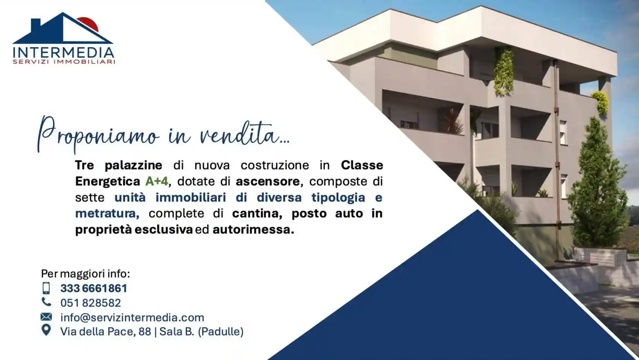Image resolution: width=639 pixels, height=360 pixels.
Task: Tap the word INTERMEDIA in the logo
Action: coord(64,53)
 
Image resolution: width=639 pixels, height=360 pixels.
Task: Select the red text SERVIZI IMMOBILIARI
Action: coord(64,62)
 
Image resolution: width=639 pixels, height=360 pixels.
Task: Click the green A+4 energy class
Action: coord(157,181)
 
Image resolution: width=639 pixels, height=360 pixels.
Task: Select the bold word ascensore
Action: coord(268,181)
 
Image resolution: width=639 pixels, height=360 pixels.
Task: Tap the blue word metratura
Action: coord(107,213)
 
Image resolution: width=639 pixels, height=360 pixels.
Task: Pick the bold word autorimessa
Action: coord(253,230)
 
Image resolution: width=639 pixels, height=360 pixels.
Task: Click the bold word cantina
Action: coord(257,213)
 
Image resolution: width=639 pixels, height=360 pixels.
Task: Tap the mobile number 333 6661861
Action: coord(94,288)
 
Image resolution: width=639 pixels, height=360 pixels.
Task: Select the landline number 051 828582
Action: coord(91,303)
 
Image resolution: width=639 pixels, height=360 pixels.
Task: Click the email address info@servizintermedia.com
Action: coord(132,317)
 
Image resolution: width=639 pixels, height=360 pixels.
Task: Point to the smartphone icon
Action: coord(46,288)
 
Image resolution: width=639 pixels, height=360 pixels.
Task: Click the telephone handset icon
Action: coord(46,302)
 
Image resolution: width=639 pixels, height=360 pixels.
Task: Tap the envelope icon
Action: coord(46,317)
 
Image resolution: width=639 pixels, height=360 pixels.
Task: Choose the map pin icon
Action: coord(46,330)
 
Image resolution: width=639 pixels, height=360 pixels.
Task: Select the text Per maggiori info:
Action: coord(85,274)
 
